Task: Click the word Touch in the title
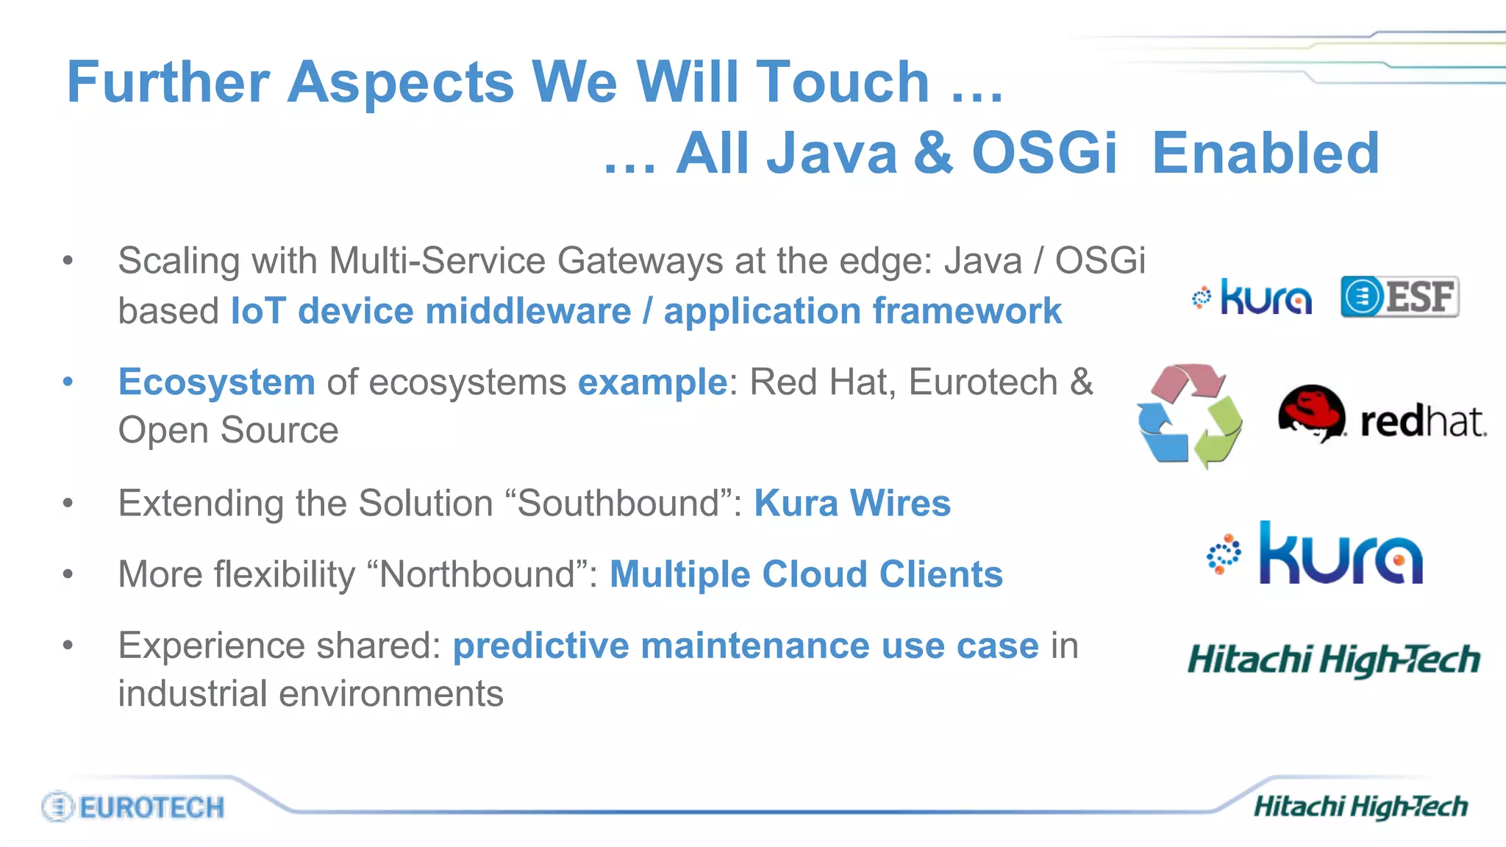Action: (843, 82)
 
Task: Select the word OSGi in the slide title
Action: (1044, 153)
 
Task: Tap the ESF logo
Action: (1399, 297)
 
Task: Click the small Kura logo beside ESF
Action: (1252, 297)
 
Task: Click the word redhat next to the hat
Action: (1423, 422)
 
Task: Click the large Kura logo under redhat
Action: (1316, 554)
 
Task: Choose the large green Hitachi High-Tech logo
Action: (1334, 660)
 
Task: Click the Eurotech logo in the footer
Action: (133, 807)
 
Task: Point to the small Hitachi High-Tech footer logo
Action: (1360, 807)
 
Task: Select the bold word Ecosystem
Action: (217, 382)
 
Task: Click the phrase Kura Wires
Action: (852, 504)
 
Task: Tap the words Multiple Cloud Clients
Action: (806, 574)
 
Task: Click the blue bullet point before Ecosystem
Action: (68, 382)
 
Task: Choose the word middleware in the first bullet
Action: (528, 311)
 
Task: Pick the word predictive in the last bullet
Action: (540, 646)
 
